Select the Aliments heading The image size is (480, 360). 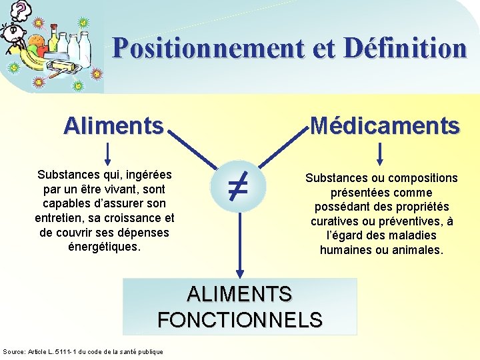(113, 125)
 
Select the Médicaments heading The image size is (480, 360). (385, 125)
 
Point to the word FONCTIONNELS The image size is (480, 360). (240, 320)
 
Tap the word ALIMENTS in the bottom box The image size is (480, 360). (240, 294)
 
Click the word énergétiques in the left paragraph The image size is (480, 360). (104, 247)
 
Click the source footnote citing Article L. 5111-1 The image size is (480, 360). (83, 351)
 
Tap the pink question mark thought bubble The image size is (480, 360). (22, 9)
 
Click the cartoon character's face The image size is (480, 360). (12, 33)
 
